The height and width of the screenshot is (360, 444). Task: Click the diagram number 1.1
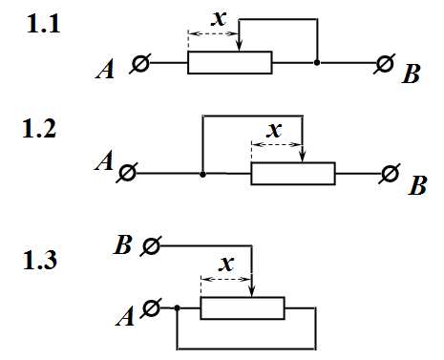click(x=44, y=24)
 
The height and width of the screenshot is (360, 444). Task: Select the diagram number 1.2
click(x=39, y=128)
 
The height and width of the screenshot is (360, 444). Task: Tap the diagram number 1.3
click(x=40, y=260)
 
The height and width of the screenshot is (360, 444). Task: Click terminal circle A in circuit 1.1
click(x=140, y=63)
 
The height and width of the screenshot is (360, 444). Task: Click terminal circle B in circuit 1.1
click(x=385, y=63)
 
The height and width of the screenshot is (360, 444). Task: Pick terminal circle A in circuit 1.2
click(x=127, y=173)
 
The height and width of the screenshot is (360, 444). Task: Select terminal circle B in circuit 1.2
click(x=390, y=174)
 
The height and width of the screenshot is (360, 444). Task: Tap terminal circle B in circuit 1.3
click(x=151, y=246)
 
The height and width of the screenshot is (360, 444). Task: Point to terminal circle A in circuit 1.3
click(x=151, y=308)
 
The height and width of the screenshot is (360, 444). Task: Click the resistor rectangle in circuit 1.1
click(x=230, y=62)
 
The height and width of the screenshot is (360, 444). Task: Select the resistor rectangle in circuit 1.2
click(x=293, y=174)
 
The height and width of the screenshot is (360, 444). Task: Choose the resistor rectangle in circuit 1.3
click(x=243, y=308)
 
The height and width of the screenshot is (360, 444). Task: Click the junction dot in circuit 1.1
click(x=317, y=63)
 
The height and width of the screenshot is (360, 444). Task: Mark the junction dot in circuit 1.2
click(x=202, y=175)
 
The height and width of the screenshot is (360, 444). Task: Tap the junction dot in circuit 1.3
click(x=178, y=308)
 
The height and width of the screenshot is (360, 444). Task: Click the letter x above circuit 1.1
click(x=219, y=19)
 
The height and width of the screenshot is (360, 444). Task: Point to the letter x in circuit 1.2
click(x=274, y=130)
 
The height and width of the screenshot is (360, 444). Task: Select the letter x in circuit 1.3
click(x=226, y=264)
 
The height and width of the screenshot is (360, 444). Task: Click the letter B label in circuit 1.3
click(x=122, y=245)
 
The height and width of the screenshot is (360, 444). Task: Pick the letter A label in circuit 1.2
click(x=104, y=160)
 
